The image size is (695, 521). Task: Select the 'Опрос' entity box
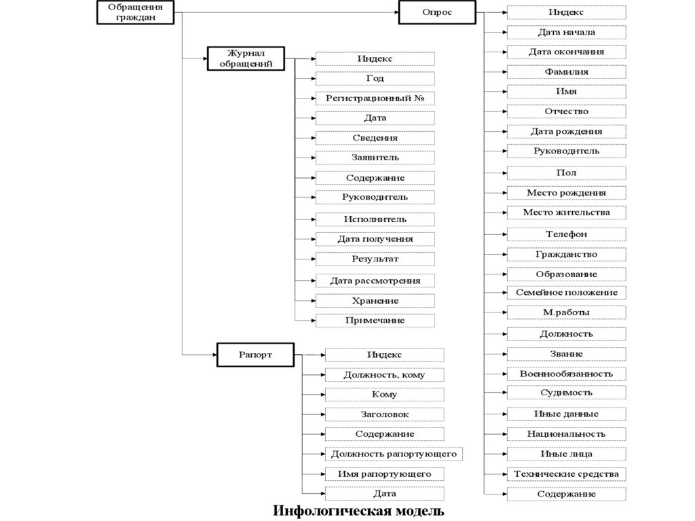click(x=437, y=13)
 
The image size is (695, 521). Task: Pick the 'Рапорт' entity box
click(x=246, y=354)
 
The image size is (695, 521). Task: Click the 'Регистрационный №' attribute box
click(x=375, y=98)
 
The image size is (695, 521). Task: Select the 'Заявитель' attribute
click(x=375, y=158)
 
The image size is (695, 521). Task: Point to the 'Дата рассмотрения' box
click(x=375, y=281)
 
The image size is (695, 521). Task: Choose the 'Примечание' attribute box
click(x=375, y=320)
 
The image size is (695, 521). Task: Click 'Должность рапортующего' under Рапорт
click(x=384, y=453)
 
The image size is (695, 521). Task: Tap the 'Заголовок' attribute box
click(x=384, y=414)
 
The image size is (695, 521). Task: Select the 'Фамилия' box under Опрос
click(x=566, y=71)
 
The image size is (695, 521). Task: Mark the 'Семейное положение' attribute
click(x=566, y=292)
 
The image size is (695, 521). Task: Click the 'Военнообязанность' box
click(x=566, y=374)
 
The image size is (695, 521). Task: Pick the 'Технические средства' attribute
click(x=566, y=473)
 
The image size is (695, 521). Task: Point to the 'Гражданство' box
click(x=566, y=254)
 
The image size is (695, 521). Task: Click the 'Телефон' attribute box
click(x=566, y=234)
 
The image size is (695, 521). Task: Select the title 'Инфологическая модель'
click(x=358, y=510)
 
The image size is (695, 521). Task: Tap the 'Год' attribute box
click(x=375, y=79)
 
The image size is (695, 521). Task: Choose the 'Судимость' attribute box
click(x=566, y=393)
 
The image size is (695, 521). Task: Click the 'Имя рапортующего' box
click(x=384, y=473)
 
